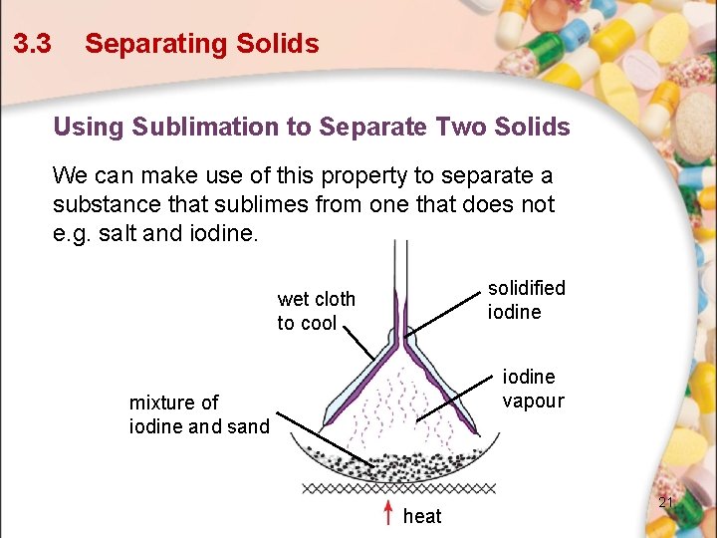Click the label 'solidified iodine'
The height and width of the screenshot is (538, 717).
pos(526,300)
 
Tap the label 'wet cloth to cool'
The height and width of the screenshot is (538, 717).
pos(316,311)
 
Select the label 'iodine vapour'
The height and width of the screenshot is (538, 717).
pos(533,389)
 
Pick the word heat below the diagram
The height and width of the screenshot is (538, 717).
pos(422,516)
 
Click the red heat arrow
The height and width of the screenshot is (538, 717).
pos(388,512)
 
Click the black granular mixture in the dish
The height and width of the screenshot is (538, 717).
pos(398,465)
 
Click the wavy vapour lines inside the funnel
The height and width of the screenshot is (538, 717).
pos(398,408)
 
